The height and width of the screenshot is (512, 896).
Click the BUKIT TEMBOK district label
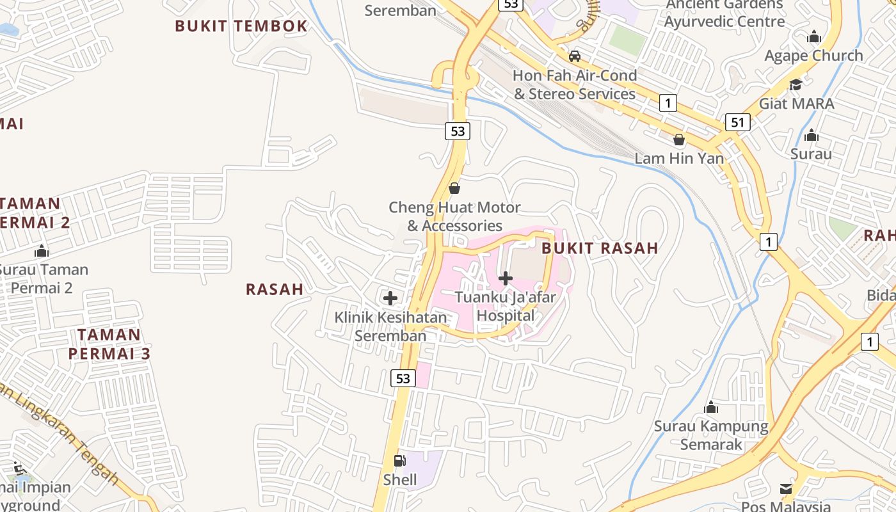pos(241,26)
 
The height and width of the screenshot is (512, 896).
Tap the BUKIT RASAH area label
pos(600,248)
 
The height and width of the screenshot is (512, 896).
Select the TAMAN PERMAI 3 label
pos(109,344)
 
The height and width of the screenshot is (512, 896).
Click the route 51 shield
pos(737,122)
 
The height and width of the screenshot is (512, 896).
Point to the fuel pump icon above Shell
pos(399,460)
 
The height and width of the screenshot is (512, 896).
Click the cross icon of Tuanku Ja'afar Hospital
pos(506,278)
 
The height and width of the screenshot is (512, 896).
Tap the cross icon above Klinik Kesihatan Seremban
pos(390,298)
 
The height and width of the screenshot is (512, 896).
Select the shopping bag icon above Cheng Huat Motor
pos(454,188)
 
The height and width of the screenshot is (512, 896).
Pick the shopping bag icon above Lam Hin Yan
pos(679,139)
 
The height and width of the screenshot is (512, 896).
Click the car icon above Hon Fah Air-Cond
pos(575,56)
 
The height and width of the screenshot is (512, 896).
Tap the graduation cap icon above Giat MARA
pos(796,84)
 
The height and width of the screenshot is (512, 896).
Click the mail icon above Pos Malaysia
pos(786,490)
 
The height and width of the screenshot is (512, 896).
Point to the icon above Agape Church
pos(814,37)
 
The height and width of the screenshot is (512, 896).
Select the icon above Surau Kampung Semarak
pos(711,408)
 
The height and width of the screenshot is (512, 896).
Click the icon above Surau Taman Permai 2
pos(42,251)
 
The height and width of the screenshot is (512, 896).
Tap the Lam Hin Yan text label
pos(679,158)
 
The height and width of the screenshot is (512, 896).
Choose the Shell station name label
pos(400,479)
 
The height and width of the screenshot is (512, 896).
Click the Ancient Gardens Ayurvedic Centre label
pos(724,13)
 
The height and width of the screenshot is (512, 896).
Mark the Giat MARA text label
pos(796,104)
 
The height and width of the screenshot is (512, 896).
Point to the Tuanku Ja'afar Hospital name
pos(506,306)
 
